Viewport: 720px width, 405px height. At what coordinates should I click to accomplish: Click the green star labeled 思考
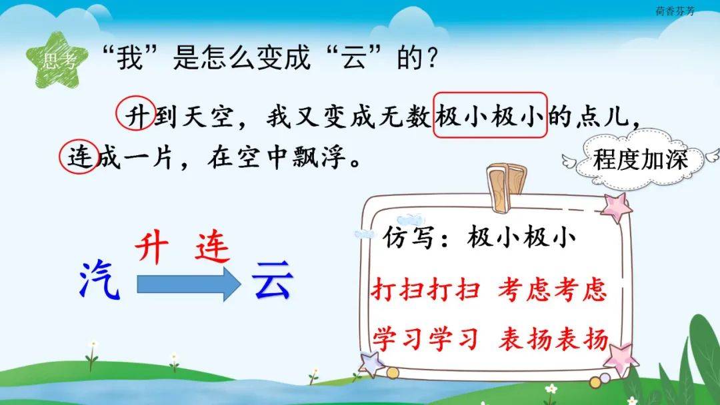[x=57, y=60]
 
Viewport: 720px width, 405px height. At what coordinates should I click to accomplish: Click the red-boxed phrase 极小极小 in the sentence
[x=491, y=115]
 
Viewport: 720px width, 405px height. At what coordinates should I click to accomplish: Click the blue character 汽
[x=99, y=279]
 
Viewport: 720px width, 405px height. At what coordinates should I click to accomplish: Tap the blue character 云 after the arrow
[x=272, y=280]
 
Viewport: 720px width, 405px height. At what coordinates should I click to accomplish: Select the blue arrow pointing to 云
[x=189, y=284]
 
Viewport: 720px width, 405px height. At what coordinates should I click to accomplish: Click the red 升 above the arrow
[x=152, y=248]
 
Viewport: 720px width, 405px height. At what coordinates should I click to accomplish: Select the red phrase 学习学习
[x=425, y=340]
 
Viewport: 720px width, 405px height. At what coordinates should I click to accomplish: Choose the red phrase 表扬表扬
[x=553, y=340]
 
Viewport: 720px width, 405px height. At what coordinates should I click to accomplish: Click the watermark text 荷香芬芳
[x=675, y=11]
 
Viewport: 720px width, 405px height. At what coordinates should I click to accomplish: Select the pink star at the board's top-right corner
[x=617, y=207]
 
